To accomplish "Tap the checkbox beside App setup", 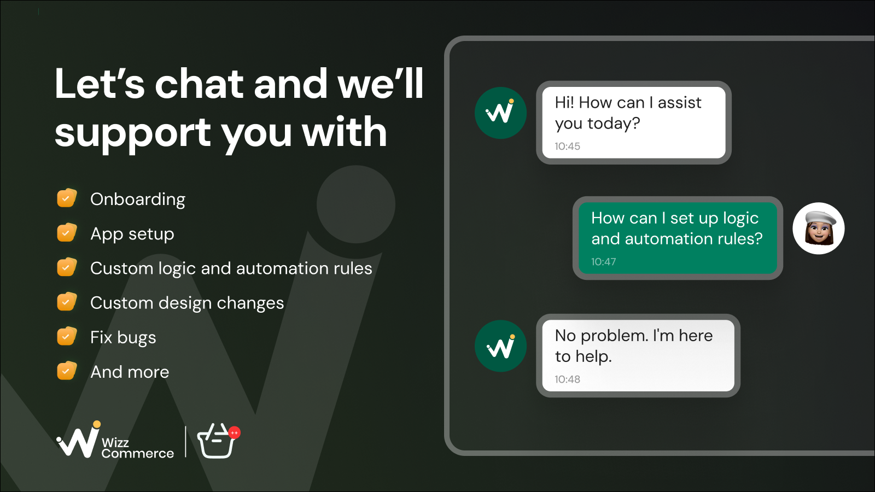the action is click(x=67, y=232).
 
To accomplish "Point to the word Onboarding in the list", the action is click(x=138, y=200).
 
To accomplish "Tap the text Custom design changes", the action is click(x=187, y=303).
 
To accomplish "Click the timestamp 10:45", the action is click(x=567, y=147).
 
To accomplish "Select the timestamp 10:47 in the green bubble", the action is click(x=604, y=262).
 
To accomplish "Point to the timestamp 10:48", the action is click(x=567, y=379).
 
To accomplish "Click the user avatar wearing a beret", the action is click(x=818, y=229).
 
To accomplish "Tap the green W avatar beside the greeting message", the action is click(x=500, y=113).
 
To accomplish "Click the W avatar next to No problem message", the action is click(x=500, y=346).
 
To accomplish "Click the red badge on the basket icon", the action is click(x=235, y=432).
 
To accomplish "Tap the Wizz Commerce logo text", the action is click(x=137, y=448).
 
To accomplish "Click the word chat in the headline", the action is click(x=200, y=84).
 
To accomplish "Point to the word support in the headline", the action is click(x=133, y=133).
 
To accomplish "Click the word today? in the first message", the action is click(x=614, y=124).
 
